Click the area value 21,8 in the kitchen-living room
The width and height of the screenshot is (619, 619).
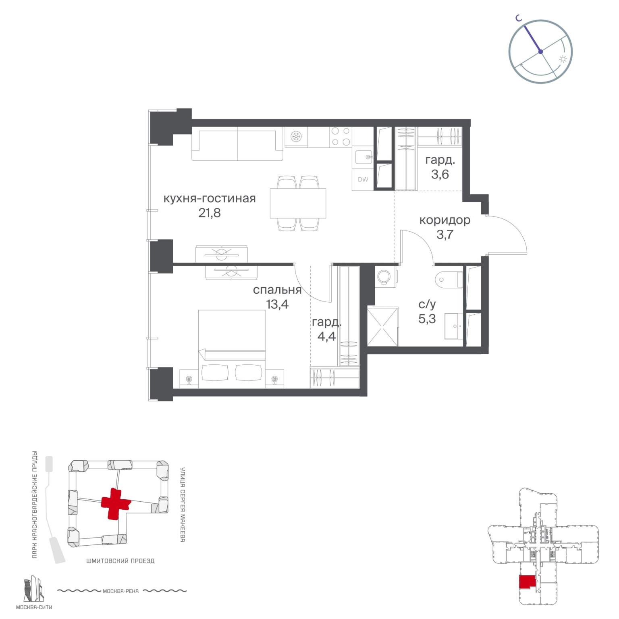[x=210, y=213]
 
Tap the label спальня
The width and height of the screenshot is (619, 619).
[x=277, y=290]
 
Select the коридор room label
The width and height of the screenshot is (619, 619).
[x=445, y=220]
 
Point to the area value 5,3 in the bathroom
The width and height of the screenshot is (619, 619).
[x=427, y=319]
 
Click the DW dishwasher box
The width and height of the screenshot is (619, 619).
[x=363, y=180]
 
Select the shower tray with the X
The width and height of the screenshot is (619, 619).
[x=383, y=326]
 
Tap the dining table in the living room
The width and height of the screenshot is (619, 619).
[x=298, y=203]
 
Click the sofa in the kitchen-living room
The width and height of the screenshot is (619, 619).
[x=237, y=144]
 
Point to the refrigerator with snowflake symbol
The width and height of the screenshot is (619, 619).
[x=296, y=137]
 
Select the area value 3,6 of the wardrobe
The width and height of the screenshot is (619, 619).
[x=440, y=174]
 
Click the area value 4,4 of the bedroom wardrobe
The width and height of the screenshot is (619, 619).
[x=326, y=336]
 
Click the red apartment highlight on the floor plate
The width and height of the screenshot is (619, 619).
[x=527, y=583]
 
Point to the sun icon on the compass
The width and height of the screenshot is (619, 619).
[x=563, y=59]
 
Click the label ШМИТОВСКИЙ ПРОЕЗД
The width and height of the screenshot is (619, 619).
[x=120, y=561]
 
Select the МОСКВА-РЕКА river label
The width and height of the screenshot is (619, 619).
[x=121, y=591]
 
